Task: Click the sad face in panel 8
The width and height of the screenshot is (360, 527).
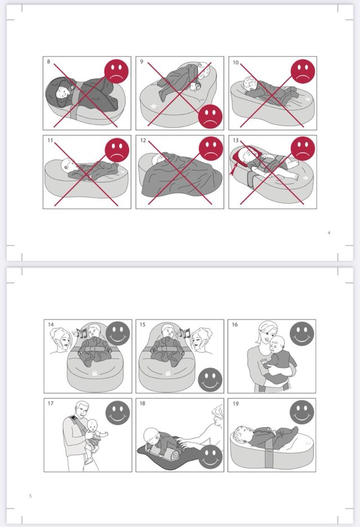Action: [x=116, y=71]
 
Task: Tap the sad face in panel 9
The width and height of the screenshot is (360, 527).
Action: [x=210, y=116]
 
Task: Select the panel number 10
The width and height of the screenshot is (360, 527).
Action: [x=236, y=62]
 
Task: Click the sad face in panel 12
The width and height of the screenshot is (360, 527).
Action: [x=211, y=148]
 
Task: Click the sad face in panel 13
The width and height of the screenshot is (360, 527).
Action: [x=303, y=148]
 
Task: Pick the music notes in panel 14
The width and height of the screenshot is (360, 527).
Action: [x=82, y=333]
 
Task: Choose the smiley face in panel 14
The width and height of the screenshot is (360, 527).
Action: [x=118, y=334]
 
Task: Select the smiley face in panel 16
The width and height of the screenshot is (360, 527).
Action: [x=302, y=334]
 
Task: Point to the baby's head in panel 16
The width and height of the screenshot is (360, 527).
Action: [x=278, y=344]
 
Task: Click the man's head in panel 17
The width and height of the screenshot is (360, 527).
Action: [x=82, y=409]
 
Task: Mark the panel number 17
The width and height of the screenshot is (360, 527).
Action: [x=51, y=403]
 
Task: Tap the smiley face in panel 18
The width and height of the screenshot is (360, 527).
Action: [x=210, y=457]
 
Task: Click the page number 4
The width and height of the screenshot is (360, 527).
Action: [x=329, y=233]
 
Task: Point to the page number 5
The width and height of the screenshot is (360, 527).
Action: [x=30, y=496]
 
